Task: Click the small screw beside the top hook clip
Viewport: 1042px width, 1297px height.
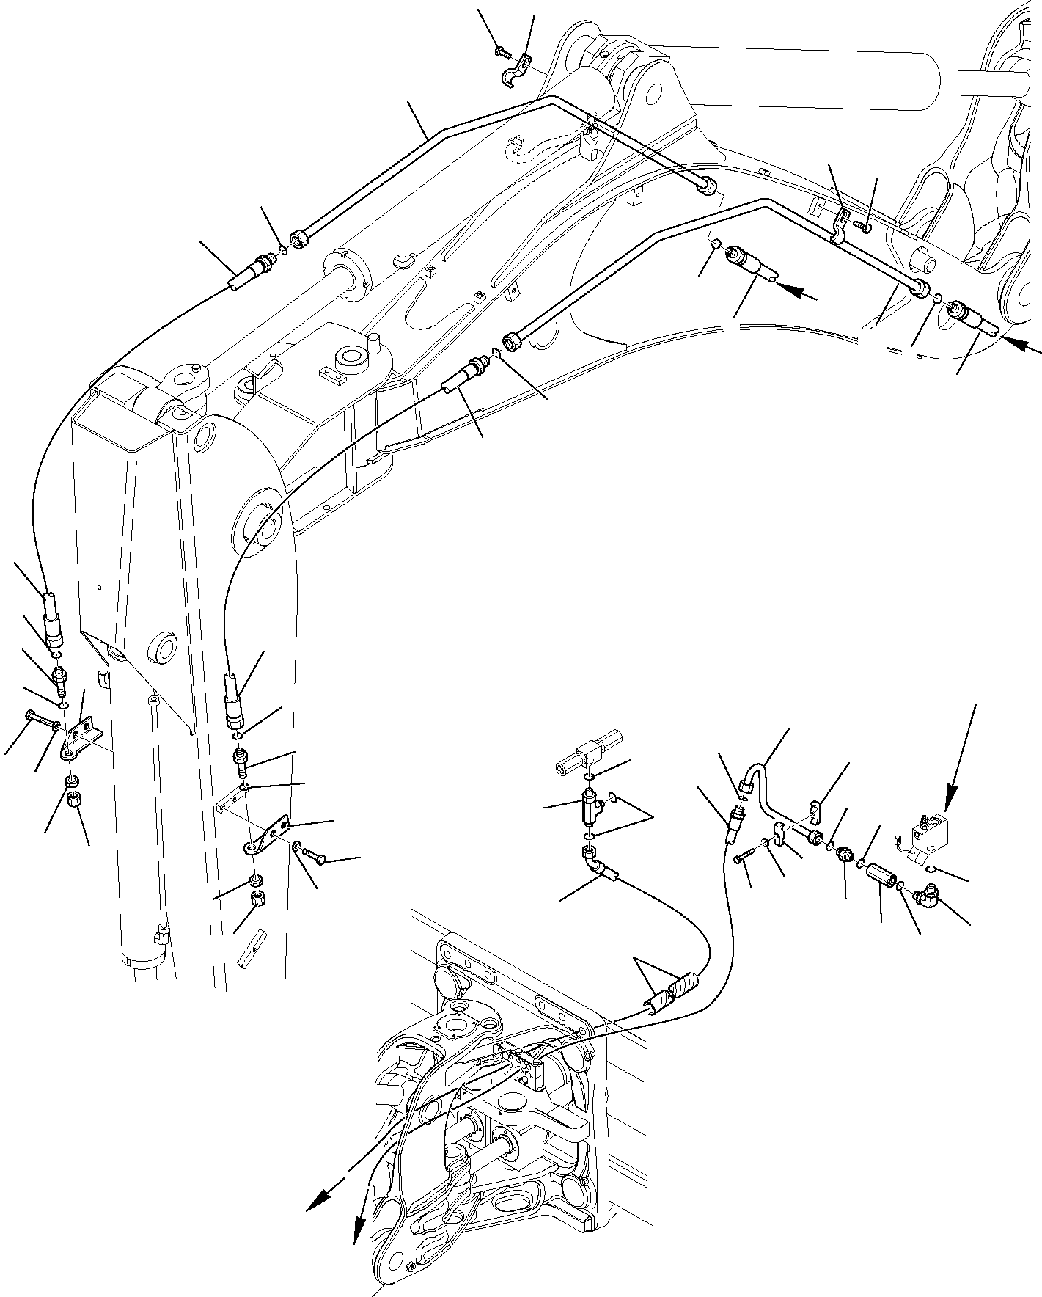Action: click(502, 52)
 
